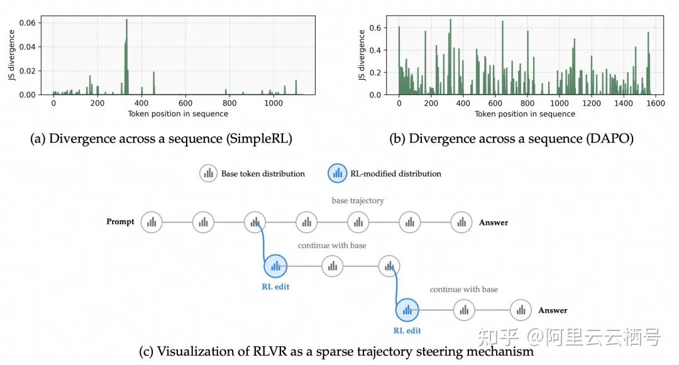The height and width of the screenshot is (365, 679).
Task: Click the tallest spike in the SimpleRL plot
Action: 126,57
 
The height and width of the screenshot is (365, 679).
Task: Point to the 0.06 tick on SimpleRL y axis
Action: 27,23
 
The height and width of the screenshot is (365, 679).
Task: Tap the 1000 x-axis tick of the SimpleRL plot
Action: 273,103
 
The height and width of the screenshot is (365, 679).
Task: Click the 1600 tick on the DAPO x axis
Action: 656,104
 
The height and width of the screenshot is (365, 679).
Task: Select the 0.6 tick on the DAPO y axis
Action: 375,28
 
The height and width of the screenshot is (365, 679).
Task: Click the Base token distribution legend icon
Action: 208,173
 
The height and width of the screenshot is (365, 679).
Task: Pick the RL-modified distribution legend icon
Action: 338,173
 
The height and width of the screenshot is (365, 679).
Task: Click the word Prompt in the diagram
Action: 120,221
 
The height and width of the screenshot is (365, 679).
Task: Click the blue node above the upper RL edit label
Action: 275,266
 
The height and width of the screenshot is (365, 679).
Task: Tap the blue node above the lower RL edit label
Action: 407,310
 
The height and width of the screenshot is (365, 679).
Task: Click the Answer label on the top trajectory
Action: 494,222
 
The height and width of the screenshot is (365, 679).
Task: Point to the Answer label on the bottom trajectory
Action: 553,310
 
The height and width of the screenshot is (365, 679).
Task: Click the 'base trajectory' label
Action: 358,200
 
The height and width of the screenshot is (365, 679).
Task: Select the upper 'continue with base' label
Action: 332,245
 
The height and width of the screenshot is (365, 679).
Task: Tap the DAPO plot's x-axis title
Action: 525,114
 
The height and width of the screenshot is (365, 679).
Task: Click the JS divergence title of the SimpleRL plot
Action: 12,55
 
